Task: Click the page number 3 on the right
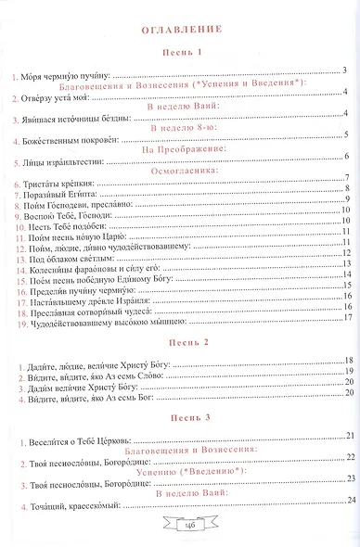344,70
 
